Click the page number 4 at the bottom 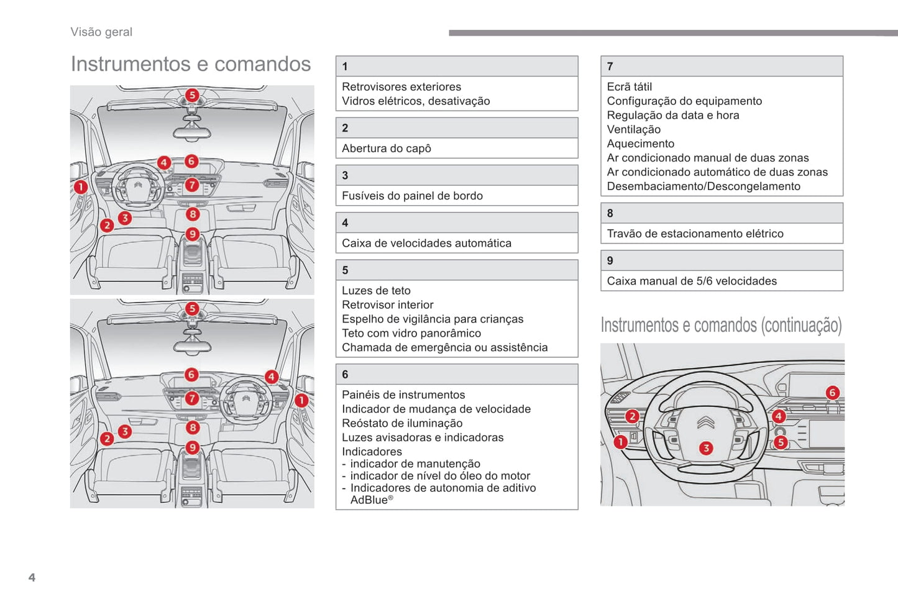pyautogui.click(x=32, y=577)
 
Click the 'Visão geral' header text pyautogui.click(x=101, y=32)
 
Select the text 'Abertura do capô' pyautogui.click(x=386, y=149)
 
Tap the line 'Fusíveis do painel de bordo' pyautogui.click(x=412, y=196)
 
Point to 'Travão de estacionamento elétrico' pyautogui.click(x=695, y=234)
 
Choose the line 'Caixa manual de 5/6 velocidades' pyautogui.click(x=692, y=281)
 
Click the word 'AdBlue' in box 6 pyautogui.click(x=369, y=500)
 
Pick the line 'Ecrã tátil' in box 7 pyautogui.click(x=629, y=87)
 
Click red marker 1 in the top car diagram pyautogui.click(x=80, y=186)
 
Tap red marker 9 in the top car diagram pyautogui.click(x=193, y=234)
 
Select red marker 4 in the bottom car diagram pyautogui.click(x=272, y=377)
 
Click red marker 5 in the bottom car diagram pyautogui.click(x=192, y=309)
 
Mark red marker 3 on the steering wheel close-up pyautogui.click(x=706, y=448)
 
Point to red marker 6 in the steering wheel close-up pyautogui.click(x=832, y=393)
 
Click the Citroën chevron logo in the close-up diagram pyautogui.click(x=705, y=423)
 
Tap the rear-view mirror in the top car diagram pyautogui.click(x=191, y=132)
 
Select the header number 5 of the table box pyautogui.click(x=345, y=270)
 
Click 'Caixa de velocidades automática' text pyautogui.click(x=426, y=244)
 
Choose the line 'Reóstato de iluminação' pyautogui.click(x=402, y=423)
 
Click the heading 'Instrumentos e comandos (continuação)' pyautogui.click(x=721, y=326)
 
